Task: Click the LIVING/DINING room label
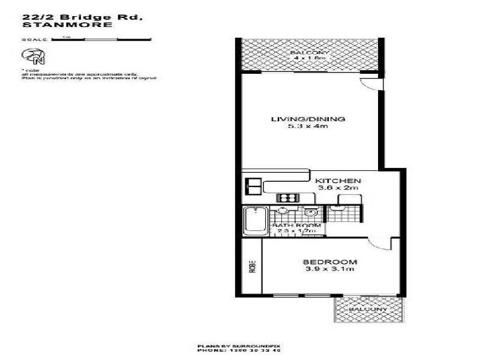308,119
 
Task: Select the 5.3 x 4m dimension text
308,127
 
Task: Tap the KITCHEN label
338,181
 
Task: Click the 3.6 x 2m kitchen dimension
338,188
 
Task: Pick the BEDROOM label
330,262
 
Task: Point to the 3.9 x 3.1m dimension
330,269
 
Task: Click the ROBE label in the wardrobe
252,265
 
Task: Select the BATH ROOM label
295,226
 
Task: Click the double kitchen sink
252,185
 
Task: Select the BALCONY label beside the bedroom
368,309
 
